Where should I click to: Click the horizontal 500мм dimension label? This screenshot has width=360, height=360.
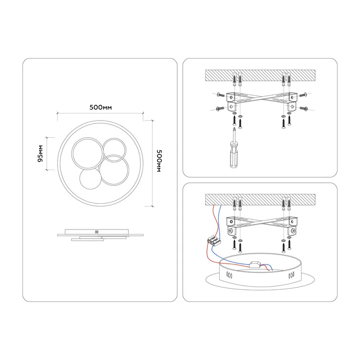[100, 107]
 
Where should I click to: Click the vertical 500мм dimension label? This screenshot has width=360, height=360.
[159, 161]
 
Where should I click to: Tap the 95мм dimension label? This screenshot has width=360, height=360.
[40, 153]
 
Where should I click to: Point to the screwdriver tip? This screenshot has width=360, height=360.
[234, 128]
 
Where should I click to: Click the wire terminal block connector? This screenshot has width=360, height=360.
[214, 241]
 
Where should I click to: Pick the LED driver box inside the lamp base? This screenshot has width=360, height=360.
[255, 265]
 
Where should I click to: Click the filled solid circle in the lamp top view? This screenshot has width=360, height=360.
[90, 179]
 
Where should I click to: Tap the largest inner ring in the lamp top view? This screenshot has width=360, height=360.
[88, 153]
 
